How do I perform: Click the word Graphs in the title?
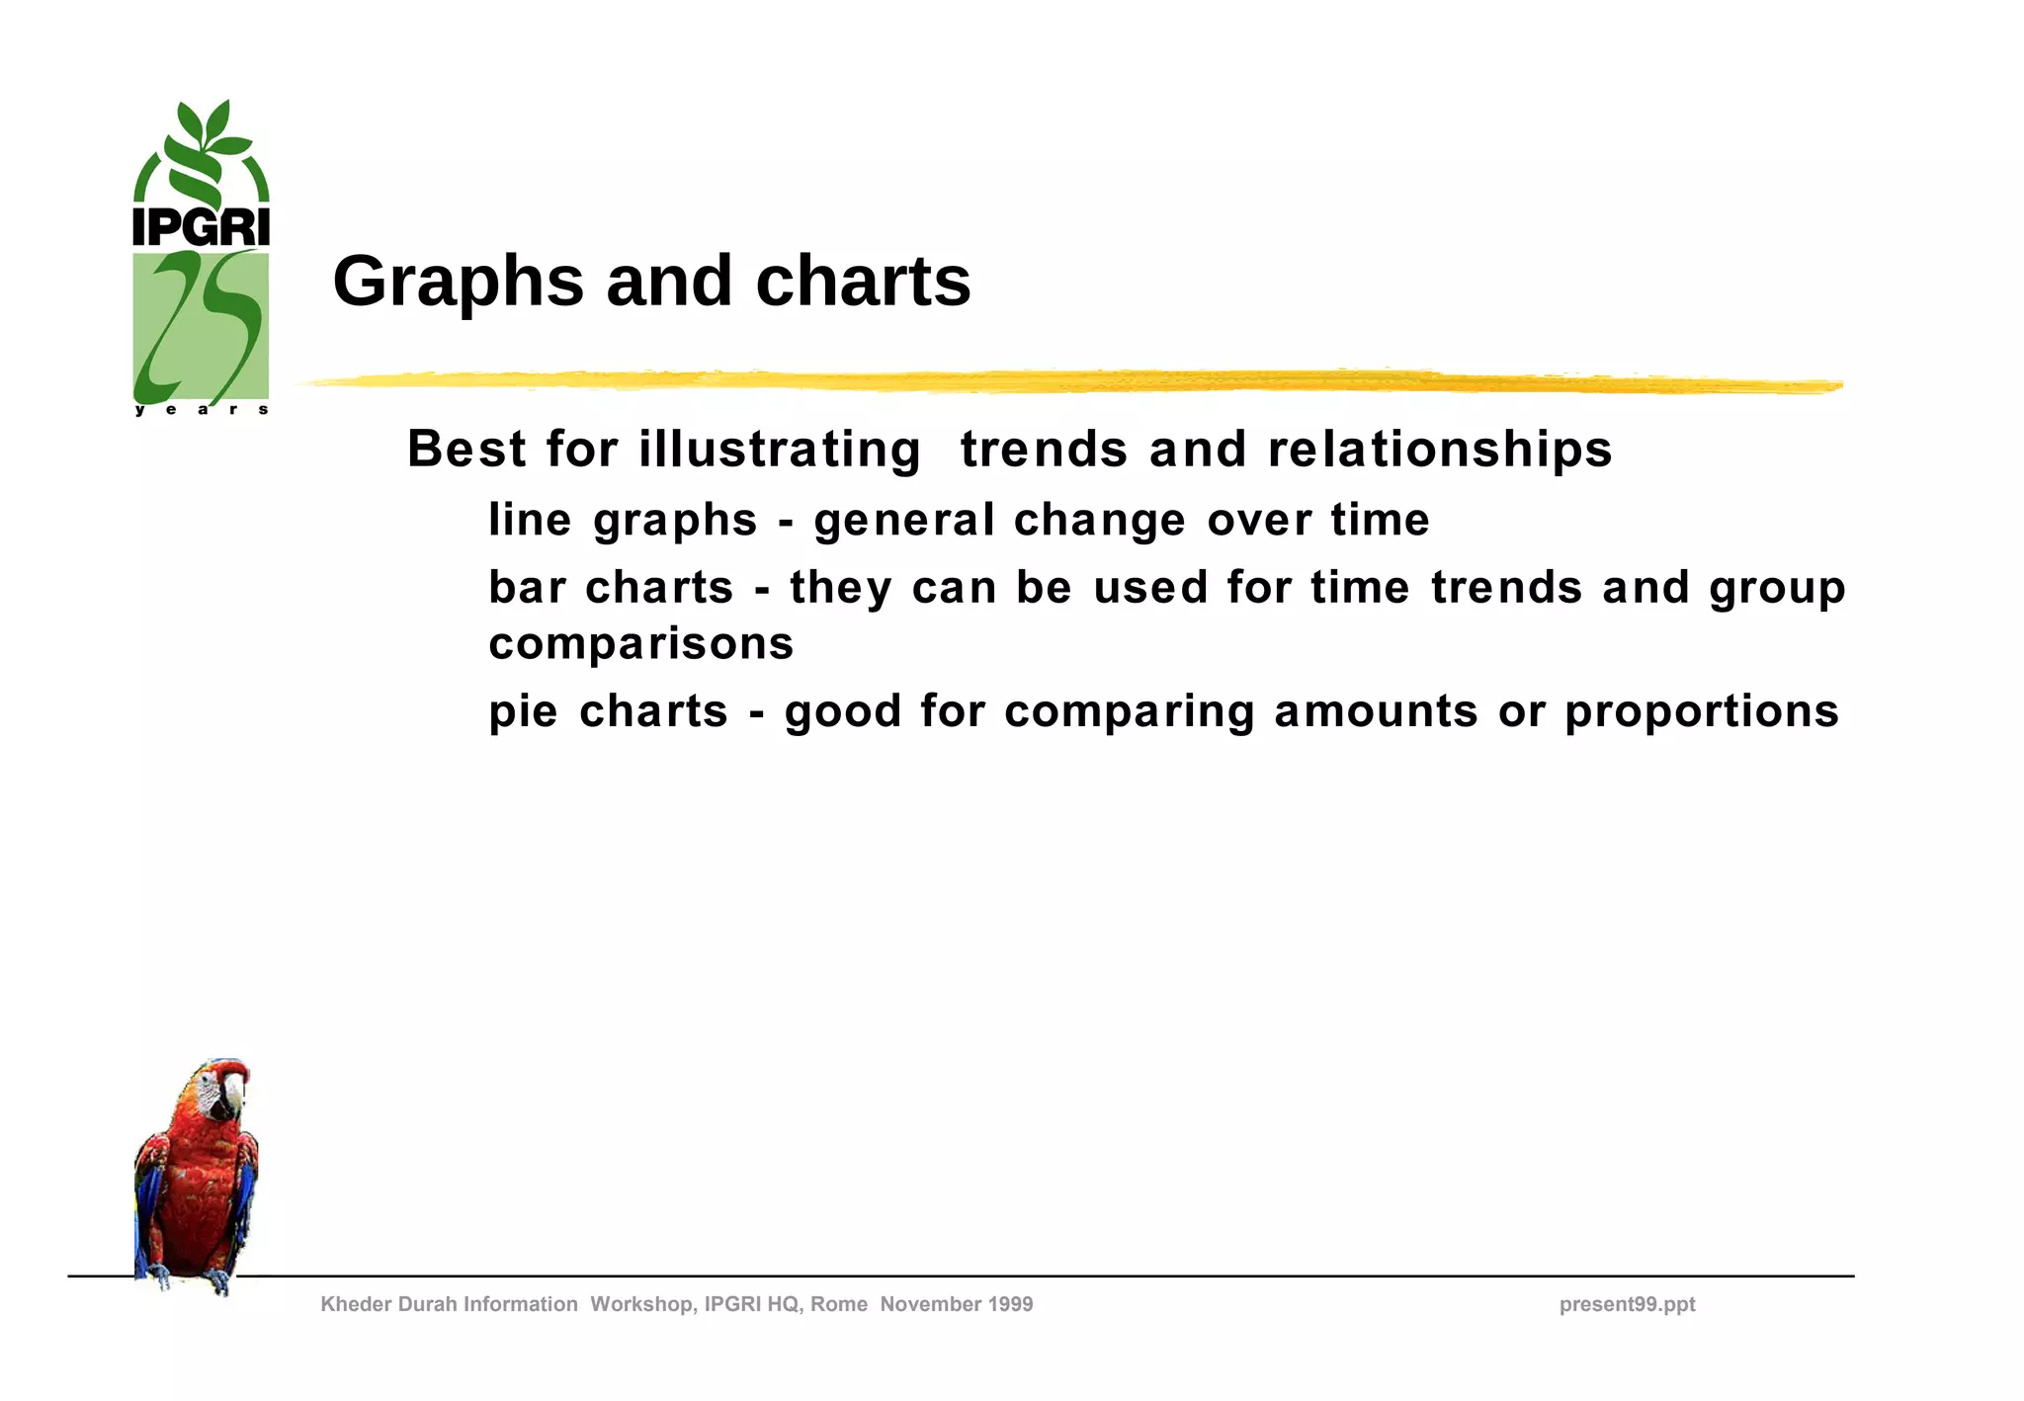[x=458, y=283]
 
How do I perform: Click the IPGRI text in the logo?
[x=201, y=227]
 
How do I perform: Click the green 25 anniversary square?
[x=201, y=325]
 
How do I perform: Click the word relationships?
[x=1439, y=450]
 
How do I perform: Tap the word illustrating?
[x=780, y=450]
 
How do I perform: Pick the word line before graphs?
[x=530, y=520]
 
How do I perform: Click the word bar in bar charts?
[x=527, y=587]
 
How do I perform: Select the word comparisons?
[x=641, y=644]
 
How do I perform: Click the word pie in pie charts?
[x=523, y=711]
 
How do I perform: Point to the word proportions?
[x=1701, y=711]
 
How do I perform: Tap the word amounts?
[x=1376, y=711]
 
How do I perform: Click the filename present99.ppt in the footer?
[x=1627, y=1304]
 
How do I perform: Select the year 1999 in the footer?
[x=1009, y=1304]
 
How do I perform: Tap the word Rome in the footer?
[x=839, y=1304]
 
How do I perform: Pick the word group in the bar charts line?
[x=1777, y=589]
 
